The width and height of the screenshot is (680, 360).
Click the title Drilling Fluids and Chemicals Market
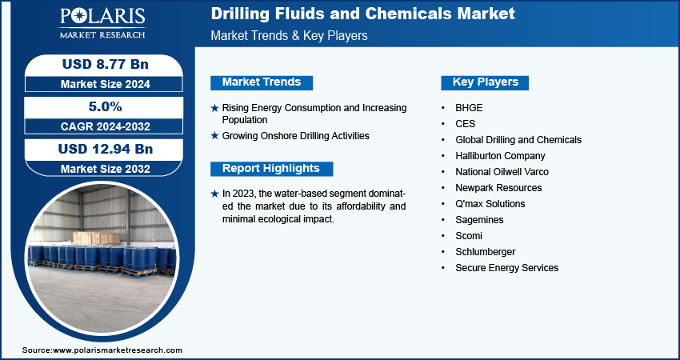click(x=362, y=14)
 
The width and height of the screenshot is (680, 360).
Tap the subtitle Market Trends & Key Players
click(x=289, y=35)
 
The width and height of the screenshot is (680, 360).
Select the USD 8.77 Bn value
click(x=106, y=64)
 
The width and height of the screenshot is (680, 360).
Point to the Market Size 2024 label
click(x=106, y=84)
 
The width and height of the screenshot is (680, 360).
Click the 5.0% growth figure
click(x=106, y=106)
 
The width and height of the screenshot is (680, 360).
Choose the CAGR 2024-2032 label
click(x=106, y=126)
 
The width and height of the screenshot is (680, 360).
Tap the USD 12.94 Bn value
click(x=106, y=150)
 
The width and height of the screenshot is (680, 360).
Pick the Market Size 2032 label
click(x=106, y=169)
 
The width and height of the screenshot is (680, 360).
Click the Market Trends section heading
click(x=262, y=82)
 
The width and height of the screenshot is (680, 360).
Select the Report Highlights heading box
click(x=271, y=169)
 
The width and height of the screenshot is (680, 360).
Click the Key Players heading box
click(x=485, y=82)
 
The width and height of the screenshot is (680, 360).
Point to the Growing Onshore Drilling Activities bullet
click(x=296, y=136)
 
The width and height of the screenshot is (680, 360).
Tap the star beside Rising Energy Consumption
click(x=214, y=108)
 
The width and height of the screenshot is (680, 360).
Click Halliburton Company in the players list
click(x=500, y=156)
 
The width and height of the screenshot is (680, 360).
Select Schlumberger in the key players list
click(x=486, y=252)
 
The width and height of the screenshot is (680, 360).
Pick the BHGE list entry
click(x=469, y=108)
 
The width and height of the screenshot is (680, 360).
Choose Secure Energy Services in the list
click(x=506, y=268)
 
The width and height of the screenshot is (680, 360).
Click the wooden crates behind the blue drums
click(x=96, y=238)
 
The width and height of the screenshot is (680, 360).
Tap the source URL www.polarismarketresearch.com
click(x=118, y=350)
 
